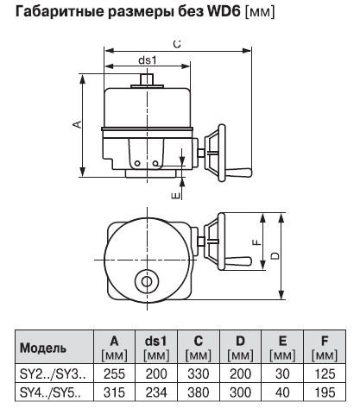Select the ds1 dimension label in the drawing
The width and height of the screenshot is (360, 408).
(x=148, y=60)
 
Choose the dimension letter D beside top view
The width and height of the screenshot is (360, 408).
(x=275, y=255)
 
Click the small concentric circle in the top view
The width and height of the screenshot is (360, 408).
(x=148, y=282)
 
